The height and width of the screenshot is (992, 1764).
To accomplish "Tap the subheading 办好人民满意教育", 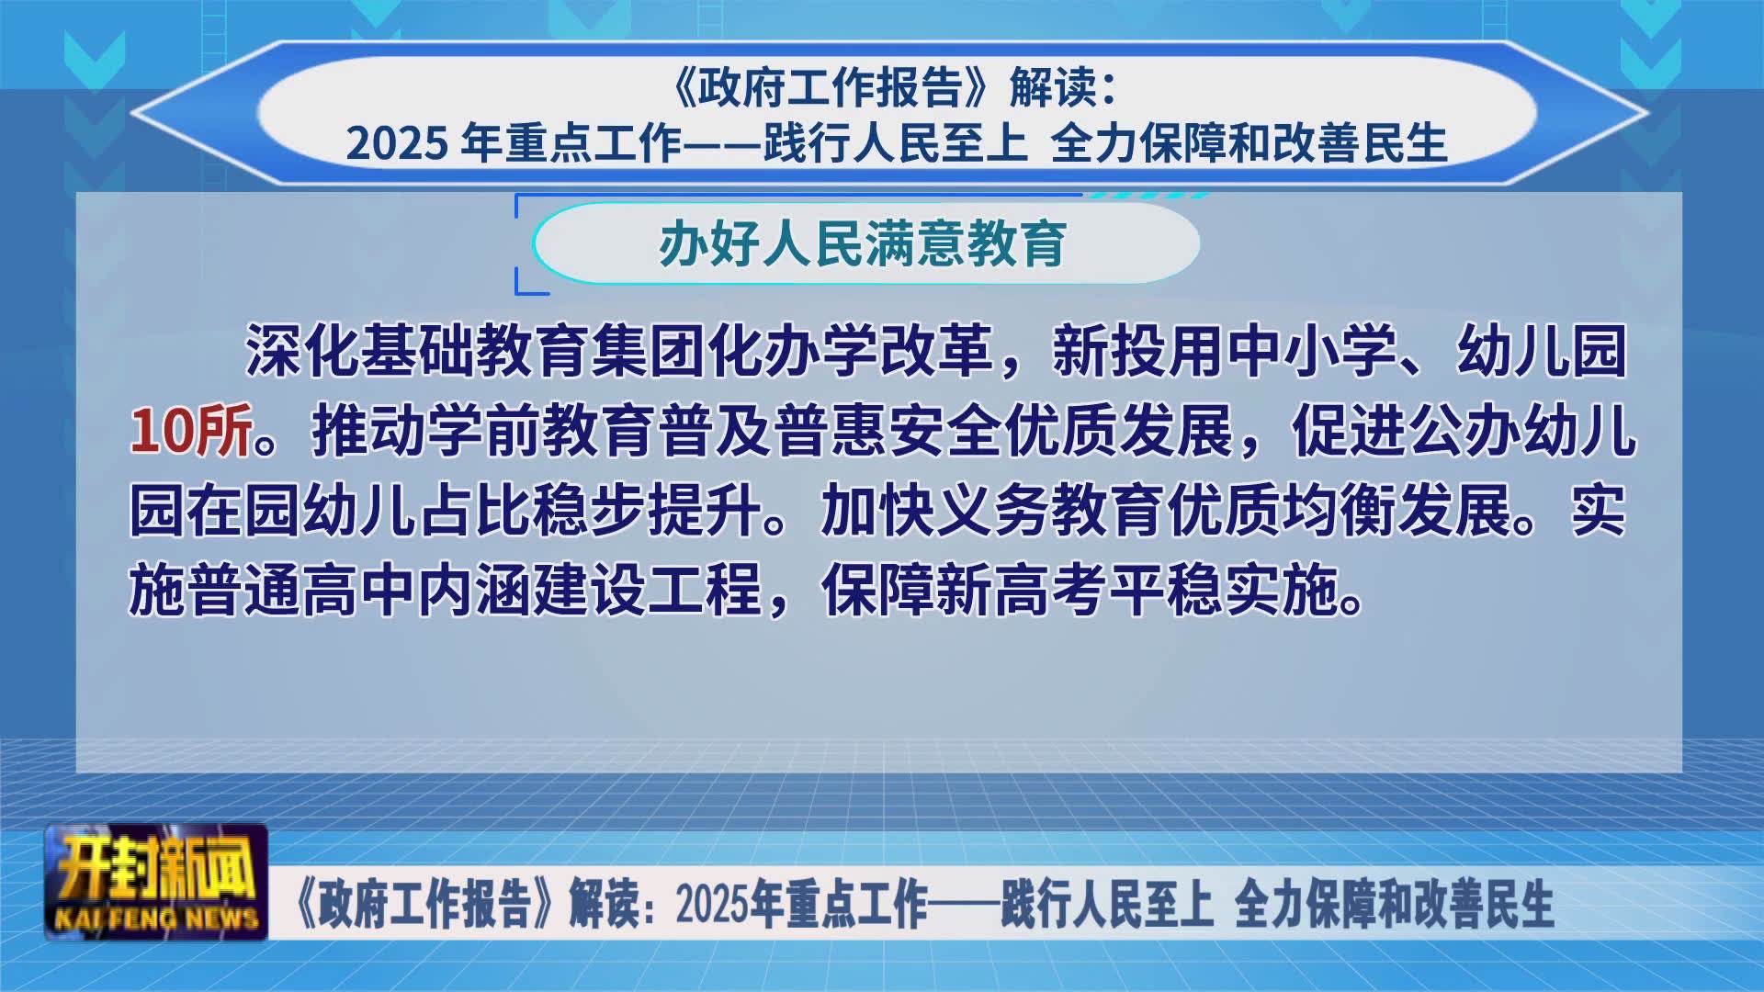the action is (x=863, y=243).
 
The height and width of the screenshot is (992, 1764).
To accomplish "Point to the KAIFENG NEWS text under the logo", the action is (x=156, y=919).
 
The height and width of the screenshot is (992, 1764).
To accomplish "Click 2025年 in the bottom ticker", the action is (x=729, y=904).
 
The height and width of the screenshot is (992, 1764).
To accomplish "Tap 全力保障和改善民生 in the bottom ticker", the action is (x=1394, y=904).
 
